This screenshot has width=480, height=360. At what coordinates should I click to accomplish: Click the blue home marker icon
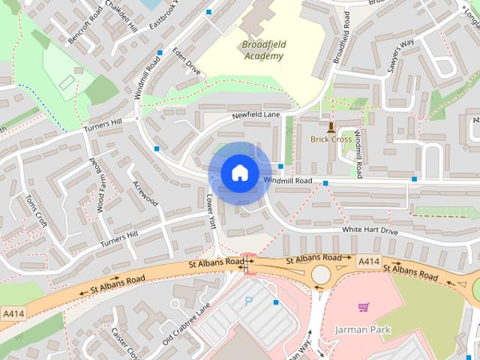tap(239, 173)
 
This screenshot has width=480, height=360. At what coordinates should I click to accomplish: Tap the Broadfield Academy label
tap(264, 50)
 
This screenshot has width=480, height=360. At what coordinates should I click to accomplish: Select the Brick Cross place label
tap(331, 139)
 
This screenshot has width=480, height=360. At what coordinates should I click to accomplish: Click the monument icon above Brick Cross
tap(331, 124)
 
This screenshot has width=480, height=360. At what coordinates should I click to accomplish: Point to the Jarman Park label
tap(363, 329)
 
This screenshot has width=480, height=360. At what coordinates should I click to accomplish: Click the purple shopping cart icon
tap(364, 307)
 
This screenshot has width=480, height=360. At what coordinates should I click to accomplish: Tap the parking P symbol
tap(250, 302)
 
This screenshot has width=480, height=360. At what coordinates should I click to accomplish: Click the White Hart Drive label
tap(370, 231)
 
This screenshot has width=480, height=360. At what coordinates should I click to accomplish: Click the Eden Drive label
tap(186, 61)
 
